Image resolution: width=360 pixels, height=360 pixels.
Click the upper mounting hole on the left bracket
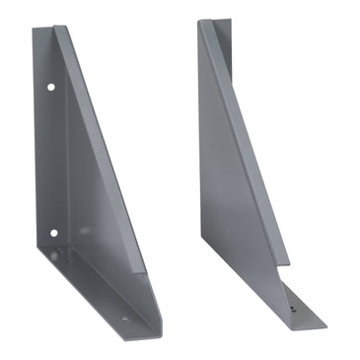[x=51, y=87]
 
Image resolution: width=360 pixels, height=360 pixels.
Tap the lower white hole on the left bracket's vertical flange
[x=53, y=233]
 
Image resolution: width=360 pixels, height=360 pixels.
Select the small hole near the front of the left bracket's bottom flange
[x=124, y=319]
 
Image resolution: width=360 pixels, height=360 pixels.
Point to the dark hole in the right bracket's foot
[x=294, y=309]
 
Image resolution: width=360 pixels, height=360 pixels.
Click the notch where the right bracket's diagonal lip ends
[x=287, y=264]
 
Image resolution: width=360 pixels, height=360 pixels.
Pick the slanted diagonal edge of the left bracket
[x=104, y=148]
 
